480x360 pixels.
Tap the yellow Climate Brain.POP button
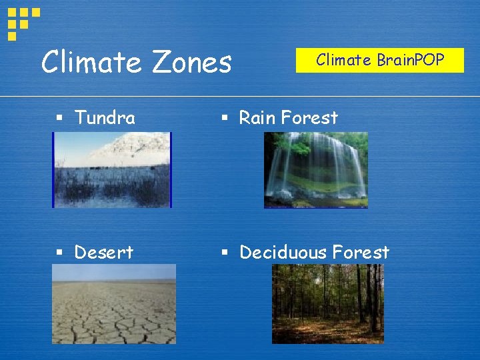379,61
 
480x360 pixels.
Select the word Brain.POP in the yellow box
410,60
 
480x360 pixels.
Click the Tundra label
105,118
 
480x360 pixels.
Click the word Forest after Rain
309,118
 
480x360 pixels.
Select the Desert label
103,252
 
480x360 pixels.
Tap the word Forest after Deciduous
361,252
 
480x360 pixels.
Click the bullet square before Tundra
59,119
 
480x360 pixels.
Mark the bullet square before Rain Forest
225,119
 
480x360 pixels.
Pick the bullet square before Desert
59,253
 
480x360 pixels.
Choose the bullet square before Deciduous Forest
225,253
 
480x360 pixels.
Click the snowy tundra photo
112,170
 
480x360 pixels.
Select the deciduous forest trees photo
328,304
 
